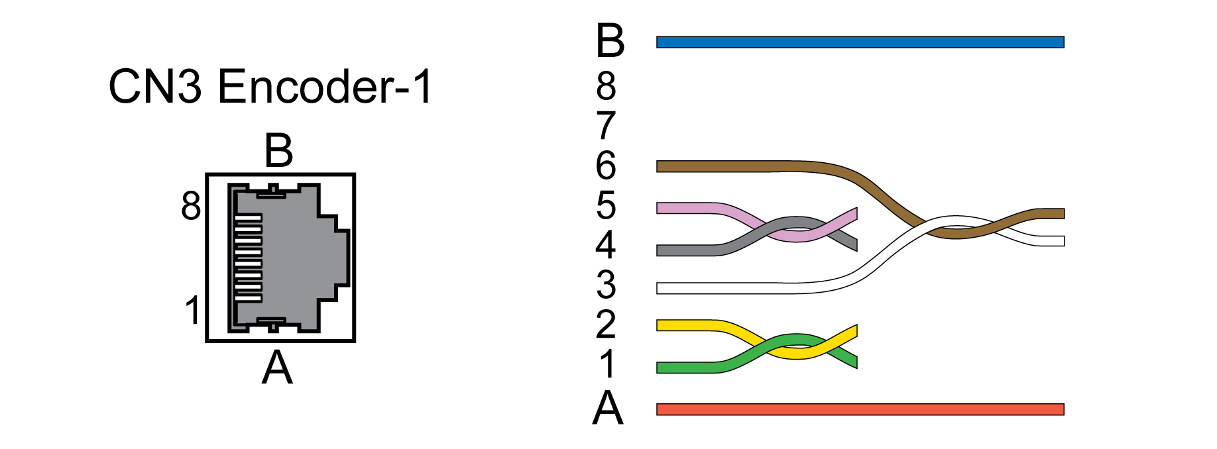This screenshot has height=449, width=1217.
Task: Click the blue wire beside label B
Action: pos(860,42)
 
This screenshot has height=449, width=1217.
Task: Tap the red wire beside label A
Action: pos(860,409)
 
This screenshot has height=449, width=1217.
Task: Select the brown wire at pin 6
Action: pos(723,166)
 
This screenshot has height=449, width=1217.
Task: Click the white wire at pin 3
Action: pos(723,288)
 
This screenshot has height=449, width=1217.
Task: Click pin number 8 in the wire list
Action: pos(606,86)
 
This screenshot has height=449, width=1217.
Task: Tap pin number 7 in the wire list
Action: pos(606,126)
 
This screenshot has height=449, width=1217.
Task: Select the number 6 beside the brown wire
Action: pos(606,166)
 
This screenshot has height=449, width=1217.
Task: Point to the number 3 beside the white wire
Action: pos(606,285)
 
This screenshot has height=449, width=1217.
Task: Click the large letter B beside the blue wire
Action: pos(610,41)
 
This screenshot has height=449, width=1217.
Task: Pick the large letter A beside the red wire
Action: pos(608,408)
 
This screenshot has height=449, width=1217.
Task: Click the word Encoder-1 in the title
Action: pos(325,87)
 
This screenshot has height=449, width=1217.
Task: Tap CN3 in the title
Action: pos(155,87)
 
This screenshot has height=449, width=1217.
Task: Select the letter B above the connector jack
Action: pos(278,151)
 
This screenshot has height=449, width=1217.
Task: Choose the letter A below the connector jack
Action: pos(277,368)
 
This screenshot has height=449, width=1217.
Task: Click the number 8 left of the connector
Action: pos(191,206)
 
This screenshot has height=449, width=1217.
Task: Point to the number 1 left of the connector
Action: pos(192,310)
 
